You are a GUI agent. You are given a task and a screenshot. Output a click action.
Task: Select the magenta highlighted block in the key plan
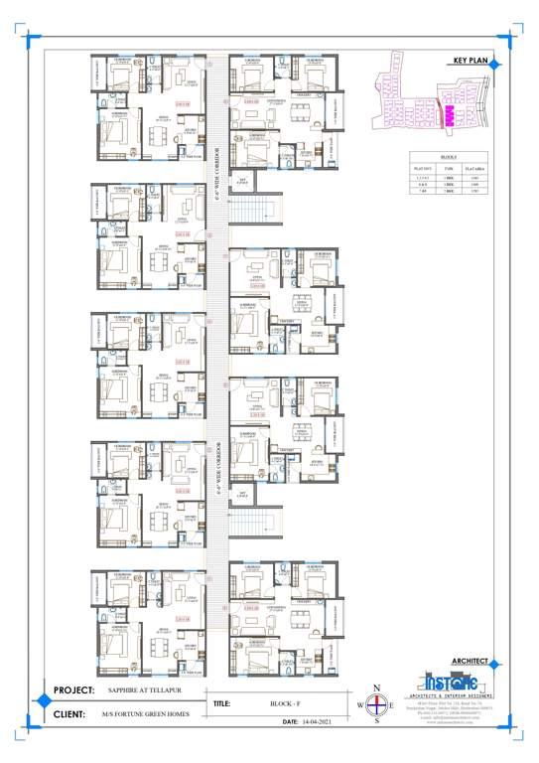tap(448, 116)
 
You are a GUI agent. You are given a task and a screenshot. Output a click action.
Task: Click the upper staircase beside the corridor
tap(251, 213)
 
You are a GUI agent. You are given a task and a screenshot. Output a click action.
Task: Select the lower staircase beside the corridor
tap(251, 525)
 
